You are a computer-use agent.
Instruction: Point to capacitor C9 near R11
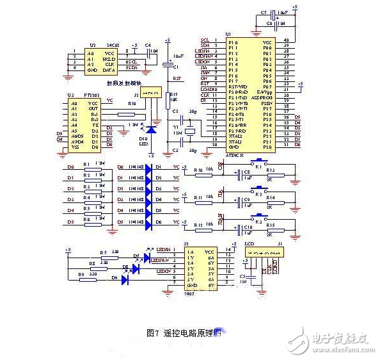click(239, 200)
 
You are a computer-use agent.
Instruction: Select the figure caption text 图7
click(152, 333)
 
